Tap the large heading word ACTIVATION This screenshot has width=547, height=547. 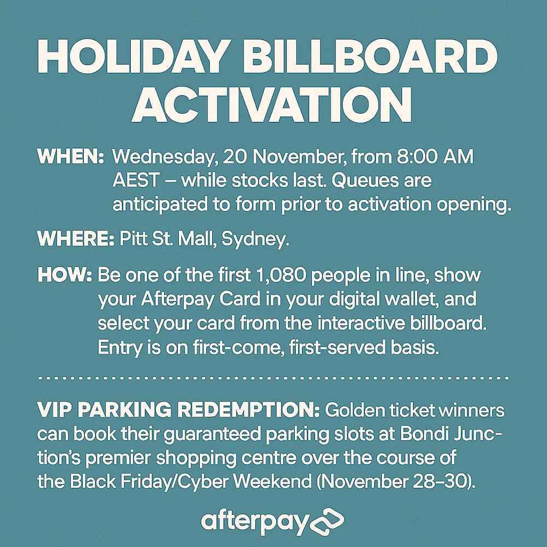click(x=272, y=104)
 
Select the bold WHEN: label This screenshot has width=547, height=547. click(x=71, y=156)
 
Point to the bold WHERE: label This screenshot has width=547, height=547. click(x=75, y=239)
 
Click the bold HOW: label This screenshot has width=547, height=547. click(x=65, y=275)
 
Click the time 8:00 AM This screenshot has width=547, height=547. click(x=435, y=156)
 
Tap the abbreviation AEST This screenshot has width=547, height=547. click(x=135, y=181)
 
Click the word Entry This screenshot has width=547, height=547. click(x=120, y=348)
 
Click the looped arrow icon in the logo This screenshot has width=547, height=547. click(x=327, y=521)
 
